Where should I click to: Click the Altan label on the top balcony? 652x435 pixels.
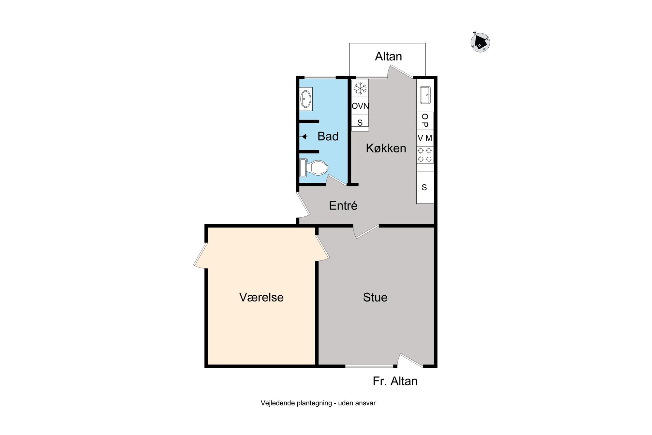tap(388, 56)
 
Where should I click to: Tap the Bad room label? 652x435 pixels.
tap(328, 136)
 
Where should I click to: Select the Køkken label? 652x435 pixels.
tap(386, 148)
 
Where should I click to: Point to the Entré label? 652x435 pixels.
tap(343, 206)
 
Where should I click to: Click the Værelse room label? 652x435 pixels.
tap(261, 297)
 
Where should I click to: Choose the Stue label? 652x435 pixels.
tap(375, 297)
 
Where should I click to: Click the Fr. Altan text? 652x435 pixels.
tap(395, 381)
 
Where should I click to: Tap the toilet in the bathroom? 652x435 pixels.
tap(314, 167)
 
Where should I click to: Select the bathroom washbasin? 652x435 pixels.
tap(306, 99)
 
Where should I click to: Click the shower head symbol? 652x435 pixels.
tap(304, 136)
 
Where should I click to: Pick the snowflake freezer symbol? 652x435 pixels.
tap(360, 88)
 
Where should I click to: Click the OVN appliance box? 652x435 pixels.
tap(360, 105)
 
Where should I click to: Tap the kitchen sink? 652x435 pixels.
tap(425, 95)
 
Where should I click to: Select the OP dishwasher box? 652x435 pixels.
tap(425, 120)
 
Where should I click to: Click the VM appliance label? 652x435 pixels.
tap(425, 138)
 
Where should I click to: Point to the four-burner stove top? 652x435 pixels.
tap(425, 155)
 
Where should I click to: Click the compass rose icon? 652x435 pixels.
tap(480, 42)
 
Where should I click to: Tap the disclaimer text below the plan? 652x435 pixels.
tap(318, 403)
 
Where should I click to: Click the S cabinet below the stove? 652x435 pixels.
tap(425, 188)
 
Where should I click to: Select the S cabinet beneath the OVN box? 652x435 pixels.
tap(360, 122)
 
